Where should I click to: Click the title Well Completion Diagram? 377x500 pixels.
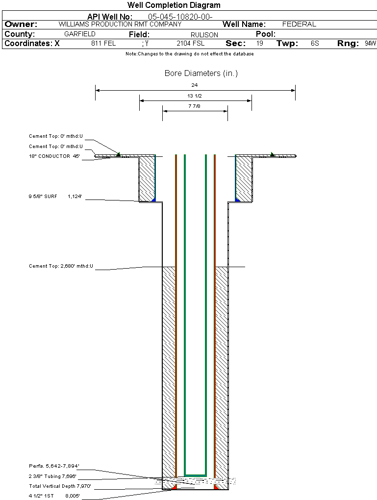(174, 5)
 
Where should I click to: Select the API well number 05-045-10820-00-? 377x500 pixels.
(180, 17)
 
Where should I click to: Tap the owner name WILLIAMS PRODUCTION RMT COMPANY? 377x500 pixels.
(120, 24)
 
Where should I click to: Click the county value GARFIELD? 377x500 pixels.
(80, 34)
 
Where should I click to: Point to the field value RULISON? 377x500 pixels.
(204, 35)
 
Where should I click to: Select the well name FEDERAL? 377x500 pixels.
(299, 24)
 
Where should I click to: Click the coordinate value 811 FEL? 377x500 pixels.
(103, 43)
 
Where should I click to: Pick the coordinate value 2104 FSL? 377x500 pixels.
(190, 43)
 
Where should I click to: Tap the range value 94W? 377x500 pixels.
(370, 43)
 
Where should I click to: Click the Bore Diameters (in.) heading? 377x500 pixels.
(201, 74)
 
